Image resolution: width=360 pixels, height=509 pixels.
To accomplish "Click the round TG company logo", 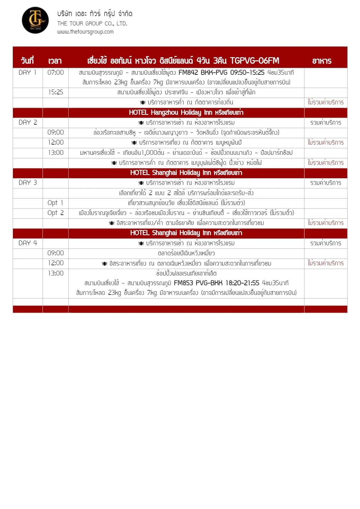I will coord(35,20).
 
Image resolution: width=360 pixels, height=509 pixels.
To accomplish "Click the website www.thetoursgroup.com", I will coord(85,32).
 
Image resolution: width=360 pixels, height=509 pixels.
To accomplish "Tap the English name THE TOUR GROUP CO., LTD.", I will coord(92,24).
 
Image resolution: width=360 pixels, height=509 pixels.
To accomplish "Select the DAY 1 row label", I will coord(28,73).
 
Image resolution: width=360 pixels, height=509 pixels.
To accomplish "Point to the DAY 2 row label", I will coord(28,122).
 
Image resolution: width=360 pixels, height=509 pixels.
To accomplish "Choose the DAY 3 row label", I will coord(28,183).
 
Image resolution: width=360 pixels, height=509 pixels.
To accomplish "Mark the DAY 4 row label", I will coord(28,243).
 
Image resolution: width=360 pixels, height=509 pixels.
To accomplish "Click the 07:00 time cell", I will coord(56,73).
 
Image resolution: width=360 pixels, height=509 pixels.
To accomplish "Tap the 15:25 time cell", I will coord(56,92).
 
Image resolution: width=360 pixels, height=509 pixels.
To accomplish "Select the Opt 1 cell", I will coord(55,203).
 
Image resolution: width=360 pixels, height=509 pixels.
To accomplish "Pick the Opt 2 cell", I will coord(56,213).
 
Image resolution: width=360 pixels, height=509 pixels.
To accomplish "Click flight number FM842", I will coord(188,73).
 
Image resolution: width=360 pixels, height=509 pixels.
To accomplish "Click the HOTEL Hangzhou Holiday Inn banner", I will coord(186,113).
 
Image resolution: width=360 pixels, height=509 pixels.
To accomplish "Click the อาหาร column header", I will coord(322,61).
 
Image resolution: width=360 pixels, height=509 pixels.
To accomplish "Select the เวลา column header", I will coord(55,61).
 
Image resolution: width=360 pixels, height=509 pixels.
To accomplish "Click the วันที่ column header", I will coord(27,61).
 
